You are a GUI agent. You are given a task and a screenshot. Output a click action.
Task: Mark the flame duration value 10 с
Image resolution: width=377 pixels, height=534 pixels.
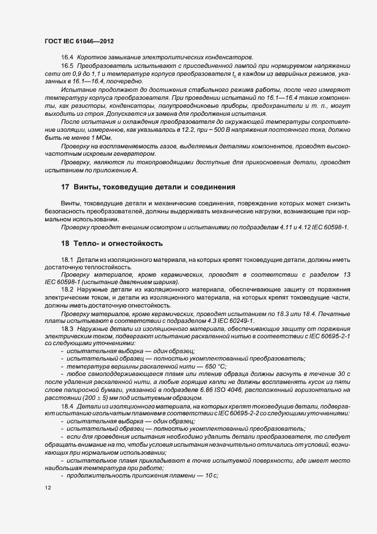pyautogui.click(x=210, y=475)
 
